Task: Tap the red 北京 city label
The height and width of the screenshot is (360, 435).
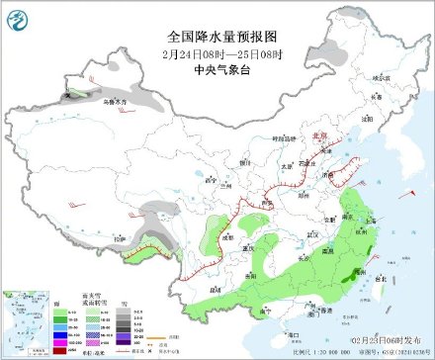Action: (x=319, y=138)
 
